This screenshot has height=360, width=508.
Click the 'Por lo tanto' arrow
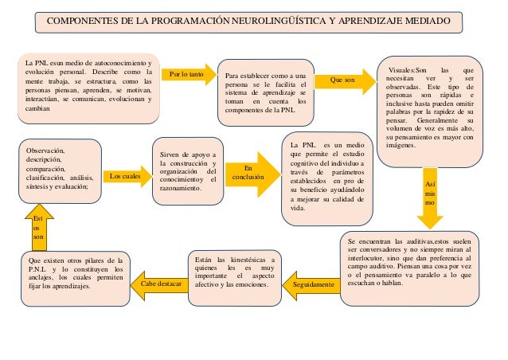[186, 75]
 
